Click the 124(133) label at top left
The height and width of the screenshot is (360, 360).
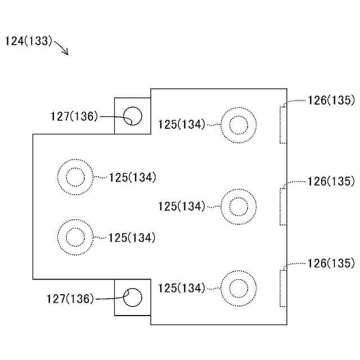[29, 41]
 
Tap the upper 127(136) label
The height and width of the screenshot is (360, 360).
[73, 116]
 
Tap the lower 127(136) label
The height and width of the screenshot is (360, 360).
[70, 299]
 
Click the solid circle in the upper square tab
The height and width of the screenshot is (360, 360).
[133, 115]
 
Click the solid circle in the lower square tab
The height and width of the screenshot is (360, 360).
[133, 297]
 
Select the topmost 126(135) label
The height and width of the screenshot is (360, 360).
[331, 101]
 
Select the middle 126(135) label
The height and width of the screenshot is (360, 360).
[331, 181]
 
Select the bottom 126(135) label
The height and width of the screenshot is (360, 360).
[331, 263]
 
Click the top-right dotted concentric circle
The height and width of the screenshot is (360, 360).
[238, 124]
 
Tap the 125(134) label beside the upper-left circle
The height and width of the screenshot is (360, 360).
[132, 177]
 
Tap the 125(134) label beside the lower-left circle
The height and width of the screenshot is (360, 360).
[132, 238]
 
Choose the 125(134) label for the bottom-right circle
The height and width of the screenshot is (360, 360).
[182, 288]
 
